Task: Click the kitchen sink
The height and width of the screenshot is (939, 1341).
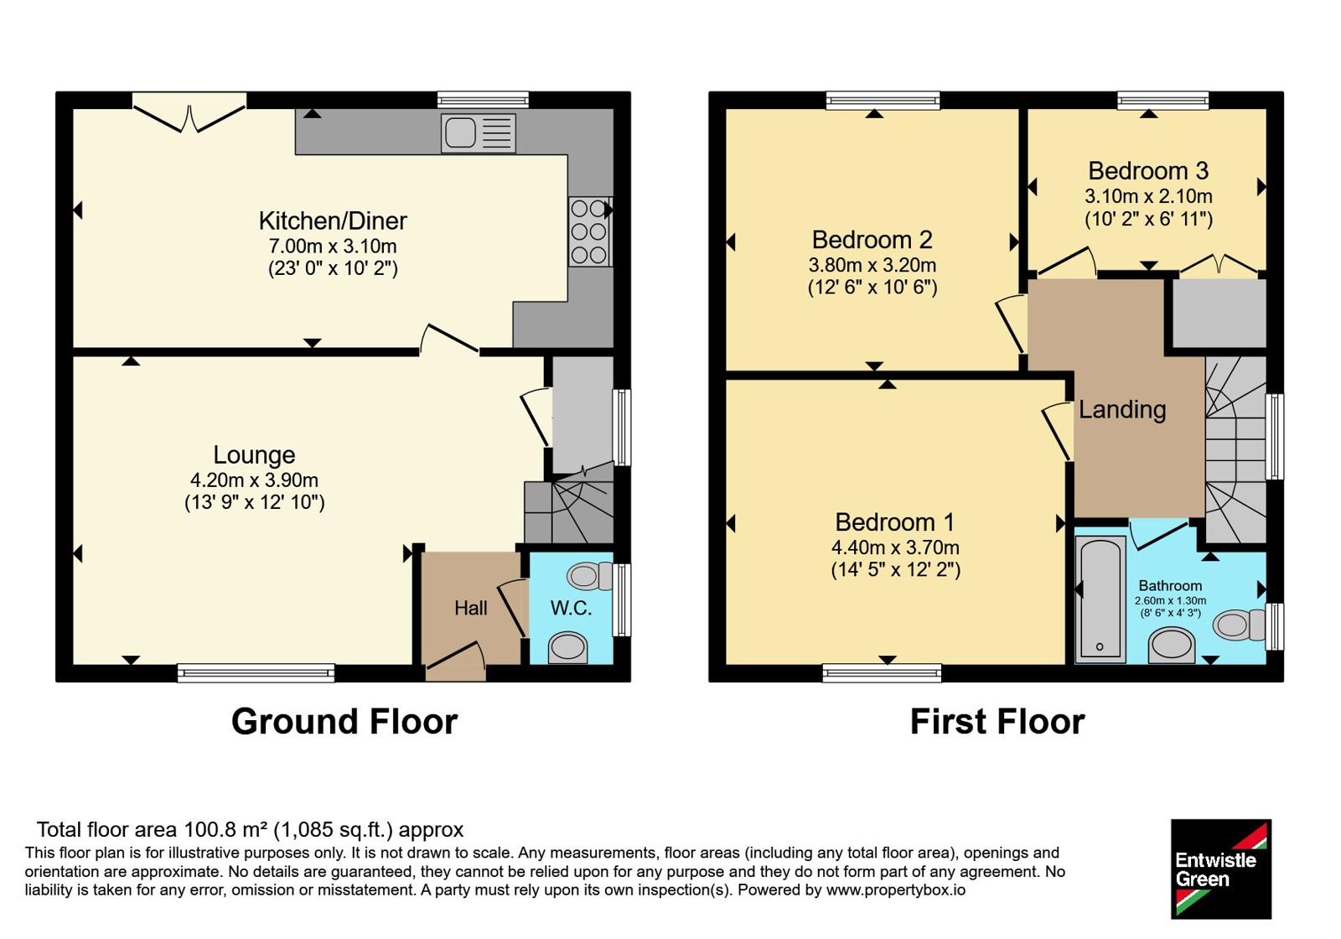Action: click(479, 133)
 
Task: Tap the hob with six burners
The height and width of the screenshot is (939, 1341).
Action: click(590, 231)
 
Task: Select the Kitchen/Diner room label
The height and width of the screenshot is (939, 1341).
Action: click(333, 221)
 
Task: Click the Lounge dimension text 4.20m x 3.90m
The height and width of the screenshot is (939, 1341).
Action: click(255, 480)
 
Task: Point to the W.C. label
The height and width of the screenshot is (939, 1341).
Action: click(571, 609)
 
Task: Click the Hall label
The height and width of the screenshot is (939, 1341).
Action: click(470, 609)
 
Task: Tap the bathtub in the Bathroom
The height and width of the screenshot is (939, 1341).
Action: click(1100, 599)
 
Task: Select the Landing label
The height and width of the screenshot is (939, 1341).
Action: click(1122, 410)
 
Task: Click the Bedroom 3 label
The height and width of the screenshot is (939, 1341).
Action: click(1148, 171)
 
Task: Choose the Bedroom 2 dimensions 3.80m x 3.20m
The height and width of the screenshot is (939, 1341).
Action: click(872, 265)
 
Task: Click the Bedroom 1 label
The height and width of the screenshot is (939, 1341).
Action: click(895, 522)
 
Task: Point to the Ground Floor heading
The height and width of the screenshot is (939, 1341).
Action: click(344, 722)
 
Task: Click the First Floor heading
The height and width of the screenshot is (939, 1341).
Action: click(997, 722)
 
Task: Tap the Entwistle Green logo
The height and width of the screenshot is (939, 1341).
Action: click(1221, 869)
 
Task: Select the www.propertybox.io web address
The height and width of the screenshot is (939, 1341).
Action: click(896, 890)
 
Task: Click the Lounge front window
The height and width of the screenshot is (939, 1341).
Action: click(256, 673)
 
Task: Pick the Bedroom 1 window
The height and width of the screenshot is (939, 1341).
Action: click(882, 673)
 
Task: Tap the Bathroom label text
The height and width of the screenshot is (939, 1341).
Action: click(1170, 586)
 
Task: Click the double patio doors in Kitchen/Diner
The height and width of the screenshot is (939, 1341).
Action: click(189, 112)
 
